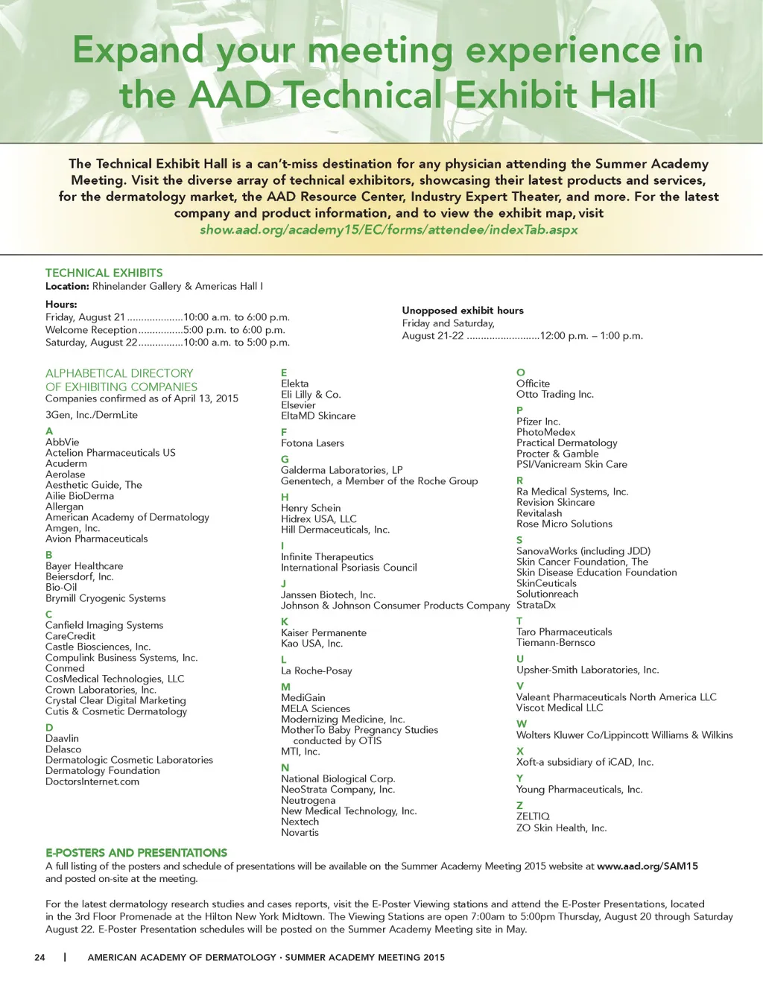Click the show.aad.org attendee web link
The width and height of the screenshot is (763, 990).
pyautogui.click(x=388, y=229)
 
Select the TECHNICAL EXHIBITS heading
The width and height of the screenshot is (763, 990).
pyautogui.click(x=104, y=273)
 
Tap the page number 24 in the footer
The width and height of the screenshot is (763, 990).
pyautogui.click(x=39, y=957)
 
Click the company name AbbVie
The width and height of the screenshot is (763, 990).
pyautogui.click(x=63, y=442)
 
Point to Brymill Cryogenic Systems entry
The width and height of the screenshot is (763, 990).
pyautogui.click(x=105, y=598)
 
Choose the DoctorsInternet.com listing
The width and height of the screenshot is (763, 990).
pyautogui.click(x=92, y=781)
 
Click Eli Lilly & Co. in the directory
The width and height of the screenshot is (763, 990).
pyautogui.click(x=311, y=394)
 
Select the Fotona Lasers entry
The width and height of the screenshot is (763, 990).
pyautogui.click(x=312, y=443)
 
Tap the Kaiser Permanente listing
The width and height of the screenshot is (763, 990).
pyautogui.click(x=323, y=632)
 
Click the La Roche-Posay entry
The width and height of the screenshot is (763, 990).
pyautogui.click(x=316, y=670)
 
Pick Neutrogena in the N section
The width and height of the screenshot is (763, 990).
pyautogui.click(x=308, y=800)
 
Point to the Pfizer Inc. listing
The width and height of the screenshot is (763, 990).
pyautogui.click(x=538, y=422)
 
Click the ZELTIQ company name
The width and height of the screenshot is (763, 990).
pyautogui.click(x=533, y=816)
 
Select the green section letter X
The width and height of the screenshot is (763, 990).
pyautogui.click(x=520, y=751)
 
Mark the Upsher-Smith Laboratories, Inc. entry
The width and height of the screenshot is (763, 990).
pyautogui.click(x=587, y=670)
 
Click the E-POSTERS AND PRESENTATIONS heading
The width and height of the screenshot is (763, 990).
pyautogui.click(x=136, y=852)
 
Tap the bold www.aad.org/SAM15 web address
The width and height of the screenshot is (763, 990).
pyautogui.click(x=647, y=866)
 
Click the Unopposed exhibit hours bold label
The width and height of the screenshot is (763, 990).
pyautogui.click(x=462, y=311)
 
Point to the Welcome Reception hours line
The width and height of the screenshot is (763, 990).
pyautogui.click(x=165, y=330)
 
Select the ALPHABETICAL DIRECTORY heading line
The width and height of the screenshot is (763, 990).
pyautogui.click(x=119, y=373)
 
